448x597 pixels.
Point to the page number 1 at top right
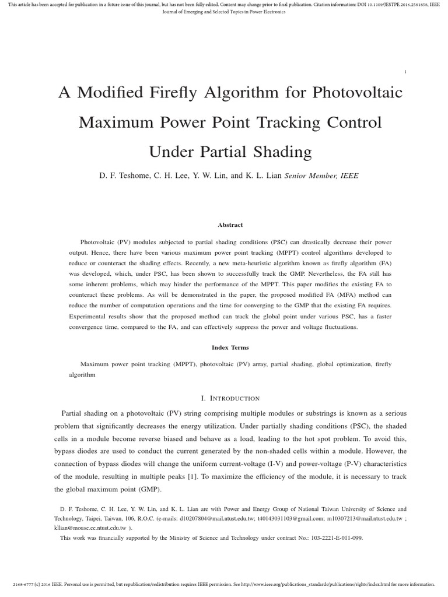click(405, 72)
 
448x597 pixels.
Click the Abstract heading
click(230, 224)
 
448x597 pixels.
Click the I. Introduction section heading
click(230, 398)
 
